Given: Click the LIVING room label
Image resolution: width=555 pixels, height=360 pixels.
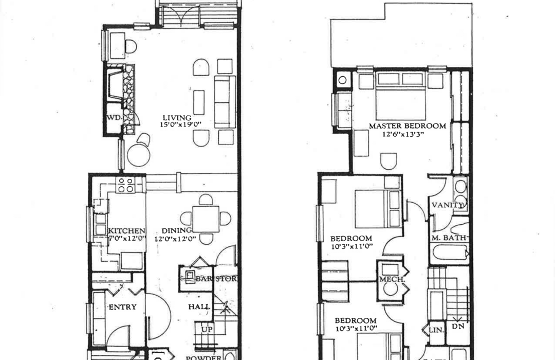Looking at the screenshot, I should pyautogui.click(x=175, y=118).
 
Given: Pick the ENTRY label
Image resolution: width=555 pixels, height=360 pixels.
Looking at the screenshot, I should pyautogui.click(x=122, y=307).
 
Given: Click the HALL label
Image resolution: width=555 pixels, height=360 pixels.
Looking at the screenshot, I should pyautogui.click(x=199, y=307).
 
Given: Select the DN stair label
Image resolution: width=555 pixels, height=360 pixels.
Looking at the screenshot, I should pyautogui.click(x=458, y=326).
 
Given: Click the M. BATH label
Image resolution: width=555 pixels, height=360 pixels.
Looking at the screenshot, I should pyautogui.click(x=449, y=238).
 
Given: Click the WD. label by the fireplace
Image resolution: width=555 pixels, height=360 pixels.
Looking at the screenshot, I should pyautogui.click(x=114, y=118).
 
